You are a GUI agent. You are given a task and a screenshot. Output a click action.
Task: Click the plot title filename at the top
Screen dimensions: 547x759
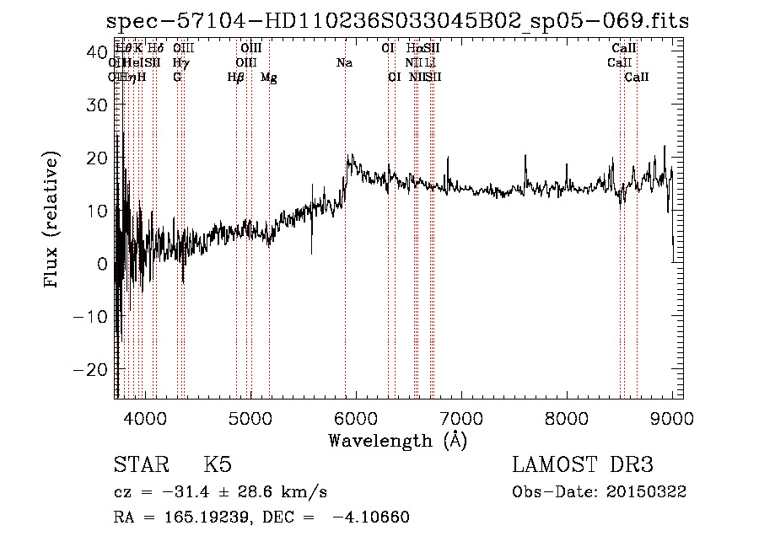coord(398,22)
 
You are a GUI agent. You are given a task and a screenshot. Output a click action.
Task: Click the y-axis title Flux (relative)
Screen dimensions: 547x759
coord(52,221)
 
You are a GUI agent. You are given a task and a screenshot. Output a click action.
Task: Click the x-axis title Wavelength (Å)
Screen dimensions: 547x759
coord(397,440)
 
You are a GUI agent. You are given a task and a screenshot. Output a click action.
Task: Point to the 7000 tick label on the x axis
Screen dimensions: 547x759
coord(460,418)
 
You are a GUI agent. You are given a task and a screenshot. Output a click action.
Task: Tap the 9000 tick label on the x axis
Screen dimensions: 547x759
coord(672,418)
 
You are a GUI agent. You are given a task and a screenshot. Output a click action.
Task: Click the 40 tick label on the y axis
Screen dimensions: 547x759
coord(94,51)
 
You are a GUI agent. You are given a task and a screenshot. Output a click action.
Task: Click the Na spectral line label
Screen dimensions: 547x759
coord(344,63)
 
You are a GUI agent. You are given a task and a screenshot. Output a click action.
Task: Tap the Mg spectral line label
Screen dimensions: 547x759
coord(268,78)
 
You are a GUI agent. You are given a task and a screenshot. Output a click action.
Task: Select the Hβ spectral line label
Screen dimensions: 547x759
coord(236,78)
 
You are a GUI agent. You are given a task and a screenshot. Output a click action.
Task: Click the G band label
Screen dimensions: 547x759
coord(177,78)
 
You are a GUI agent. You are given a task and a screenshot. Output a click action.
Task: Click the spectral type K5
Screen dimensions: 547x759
coord(218,465)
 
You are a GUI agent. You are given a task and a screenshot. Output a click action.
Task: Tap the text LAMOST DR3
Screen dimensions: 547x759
coord(583,465)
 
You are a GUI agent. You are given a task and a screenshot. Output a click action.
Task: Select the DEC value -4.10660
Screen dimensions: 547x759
coord(371,518)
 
